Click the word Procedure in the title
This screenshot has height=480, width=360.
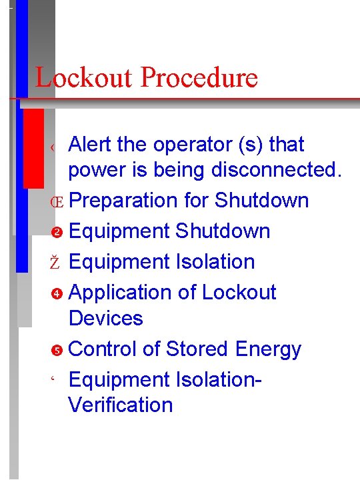pos(199,78)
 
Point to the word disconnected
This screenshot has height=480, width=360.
pos(276,170)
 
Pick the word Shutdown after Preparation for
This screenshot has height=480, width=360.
pos(262,201)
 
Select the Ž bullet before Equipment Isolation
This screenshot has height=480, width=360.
pos(56,262)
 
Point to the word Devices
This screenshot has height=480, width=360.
pos(105,318)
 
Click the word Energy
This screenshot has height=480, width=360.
pos(268,349)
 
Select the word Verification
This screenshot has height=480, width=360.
pos(121,405)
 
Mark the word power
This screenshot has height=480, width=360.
pos(99,170)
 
